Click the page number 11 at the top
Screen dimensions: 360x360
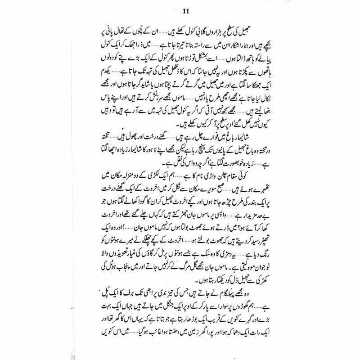pos(180,11)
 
